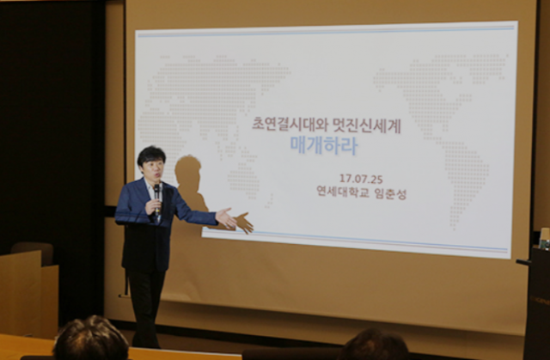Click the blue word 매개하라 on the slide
pyautogui.click(x=323, y=145)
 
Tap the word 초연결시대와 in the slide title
pyautogui.click(x=288, y=125)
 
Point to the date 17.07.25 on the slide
pyautogui.click(x=361, y=179)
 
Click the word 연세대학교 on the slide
pyautogui.click(x=343, y=192)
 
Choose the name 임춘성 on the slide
pyautogui.click(x=391, y=193)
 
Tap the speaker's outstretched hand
pyautogui.click(x=226, y=218)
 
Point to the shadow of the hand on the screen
pyautogui.click(x=244, y=223)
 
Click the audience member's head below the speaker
pyautogui.click(x=90, y=339)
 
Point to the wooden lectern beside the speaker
pyautogui.click(x=28, y=294)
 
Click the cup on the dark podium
pyautogui.click(x=544, y=238)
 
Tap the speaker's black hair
pyautogui.click(x=151, y=155)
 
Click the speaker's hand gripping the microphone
pyautogui.click(x=153, y=206)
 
